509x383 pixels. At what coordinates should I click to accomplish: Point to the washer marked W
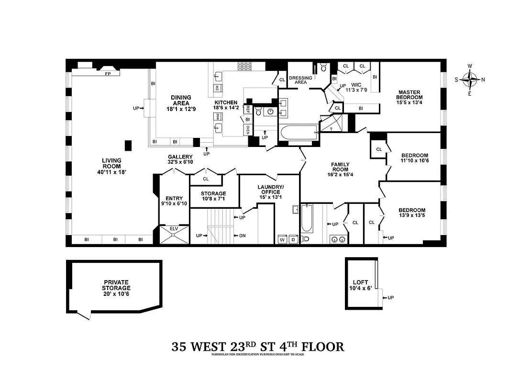coord(282,239)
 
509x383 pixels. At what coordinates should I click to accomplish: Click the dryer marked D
coord(293,239)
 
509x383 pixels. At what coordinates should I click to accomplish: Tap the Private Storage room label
coord(116,285)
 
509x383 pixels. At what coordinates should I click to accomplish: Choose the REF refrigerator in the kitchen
coord(248,109)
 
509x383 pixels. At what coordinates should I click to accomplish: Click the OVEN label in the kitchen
coord(248,129)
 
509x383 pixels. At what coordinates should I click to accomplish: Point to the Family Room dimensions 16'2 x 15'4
coord(340,174)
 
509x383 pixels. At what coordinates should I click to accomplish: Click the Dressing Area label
coord(300,80)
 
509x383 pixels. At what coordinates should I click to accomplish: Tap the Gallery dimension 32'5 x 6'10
coord(180,162)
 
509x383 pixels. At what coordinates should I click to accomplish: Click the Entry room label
coord(174,198)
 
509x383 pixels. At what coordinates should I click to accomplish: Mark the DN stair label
coord(242,236)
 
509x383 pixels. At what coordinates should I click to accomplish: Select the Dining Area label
coord(181,100)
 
